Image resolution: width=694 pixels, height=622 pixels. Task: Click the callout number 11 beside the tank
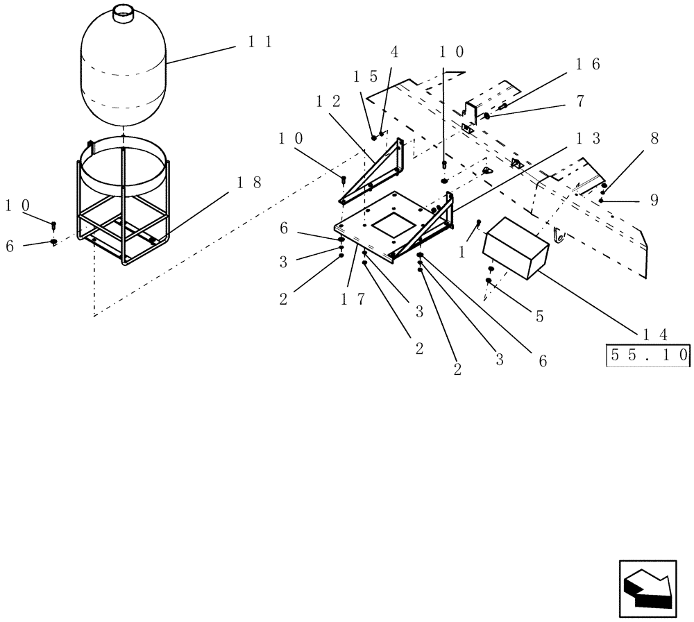point(259,42)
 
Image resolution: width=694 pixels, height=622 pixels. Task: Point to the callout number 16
point(586,65)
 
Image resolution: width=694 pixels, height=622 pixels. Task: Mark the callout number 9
point(654,200)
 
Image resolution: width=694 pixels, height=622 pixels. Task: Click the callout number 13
point(586,138)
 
